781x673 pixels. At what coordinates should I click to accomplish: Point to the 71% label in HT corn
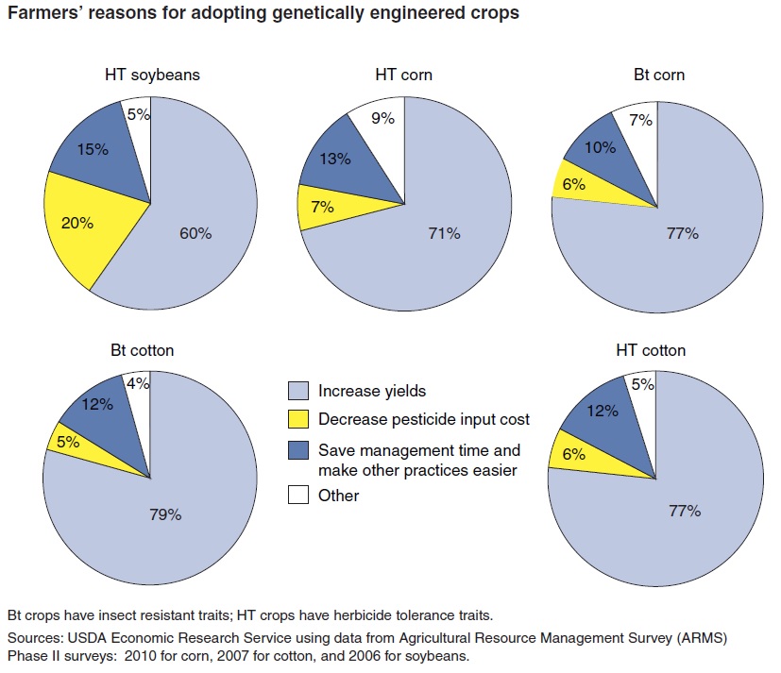443,232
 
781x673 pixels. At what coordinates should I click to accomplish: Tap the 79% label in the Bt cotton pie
165,514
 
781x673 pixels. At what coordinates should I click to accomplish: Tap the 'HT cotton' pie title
651,350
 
